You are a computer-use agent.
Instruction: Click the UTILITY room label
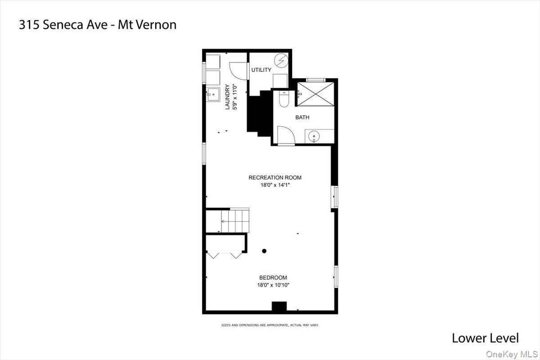(261, 70)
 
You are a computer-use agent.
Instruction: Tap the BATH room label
(302, 117)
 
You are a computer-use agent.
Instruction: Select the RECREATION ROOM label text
(275, 177)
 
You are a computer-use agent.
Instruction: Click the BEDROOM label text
(273, 278)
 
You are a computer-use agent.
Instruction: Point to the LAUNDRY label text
(228, 97)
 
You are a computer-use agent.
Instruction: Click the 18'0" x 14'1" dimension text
(275, 184)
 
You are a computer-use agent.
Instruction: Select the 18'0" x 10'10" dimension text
(273, 285)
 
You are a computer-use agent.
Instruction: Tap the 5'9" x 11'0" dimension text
(234, 97)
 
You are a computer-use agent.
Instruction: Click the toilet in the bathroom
(283, 99)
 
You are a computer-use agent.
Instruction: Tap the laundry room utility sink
(212, 94)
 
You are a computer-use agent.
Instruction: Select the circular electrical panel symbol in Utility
(281, 60)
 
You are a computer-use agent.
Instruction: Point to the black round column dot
(264, 251)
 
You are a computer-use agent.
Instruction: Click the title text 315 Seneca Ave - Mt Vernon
(98, 25)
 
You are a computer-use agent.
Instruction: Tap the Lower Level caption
(485, 338)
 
